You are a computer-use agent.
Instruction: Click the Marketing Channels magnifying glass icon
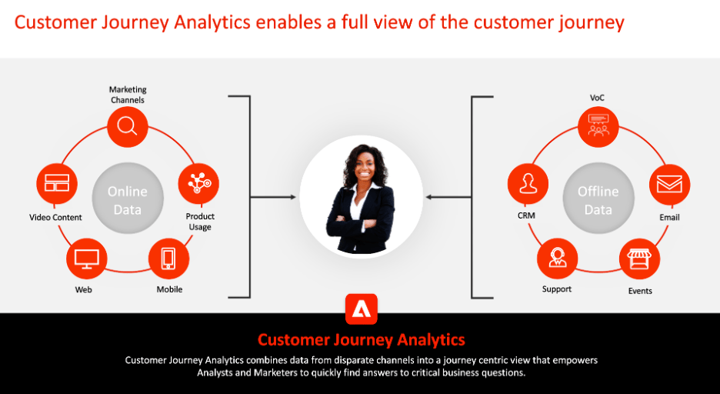point(127,126)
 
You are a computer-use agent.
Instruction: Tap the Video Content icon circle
point(57,183)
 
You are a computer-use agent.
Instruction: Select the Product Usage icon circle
point(198,184)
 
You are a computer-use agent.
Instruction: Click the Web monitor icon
point(86,259)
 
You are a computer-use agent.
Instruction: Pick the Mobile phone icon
point(168,259)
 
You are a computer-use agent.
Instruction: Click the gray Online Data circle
point(128,199)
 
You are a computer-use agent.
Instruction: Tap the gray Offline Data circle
point(598,199)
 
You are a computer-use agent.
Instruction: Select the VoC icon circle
point(598,127)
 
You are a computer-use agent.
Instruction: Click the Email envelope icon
point(669,185)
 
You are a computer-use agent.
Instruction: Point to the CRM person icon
point(528,184)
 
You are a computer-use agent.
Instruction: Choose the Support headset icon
point(558,259)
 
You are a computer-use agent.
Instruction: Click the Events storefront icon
point(640,259)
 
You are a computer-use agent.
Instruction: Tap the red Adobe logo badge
point(362,309)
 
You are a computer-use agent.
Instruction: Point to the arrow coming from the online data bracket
point(273,198)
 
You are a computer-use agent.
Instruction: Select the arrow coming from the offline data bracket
point(448,198)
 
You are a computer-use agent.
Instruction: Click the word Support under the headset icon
point(557,289)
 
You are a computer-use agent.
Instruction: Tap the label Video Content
point(55,217)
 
